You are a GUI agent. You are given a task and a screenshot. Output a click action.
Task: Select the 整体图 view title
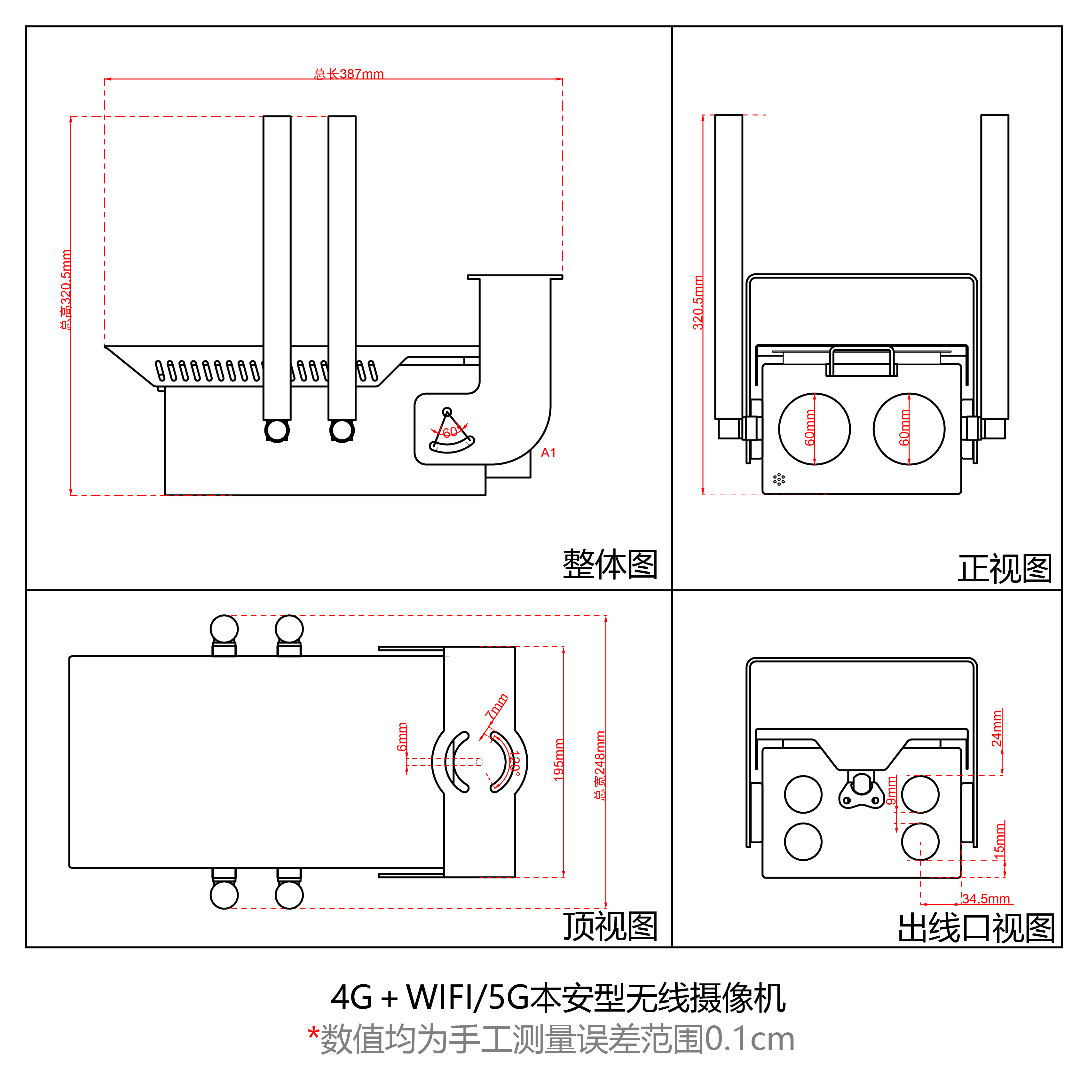pyautogui.click(x=610, y=564)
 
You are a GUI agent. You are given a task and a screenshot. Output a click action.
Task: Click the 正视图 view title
pyautogui.click(x=1005, y=569)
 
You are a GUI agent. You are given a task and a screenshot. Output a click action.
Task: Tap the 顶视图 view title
pyautogui.click(x=610, y=926)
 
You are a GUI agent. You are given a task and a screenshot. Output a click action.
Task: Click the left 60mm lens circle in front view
pyautogui.click(x=814, y=429)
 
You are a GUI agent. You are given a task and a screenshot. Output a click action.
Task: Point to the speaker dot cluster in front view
pyautogui.click(x=779, y=479)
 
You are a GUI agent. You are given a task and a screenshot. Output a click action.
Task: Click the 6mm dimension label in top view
pyautogui.click(x=402, y=737)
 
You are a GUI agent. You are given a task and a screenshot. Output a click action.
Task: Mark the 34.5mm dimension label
pyautogui.click(x=986, y=899)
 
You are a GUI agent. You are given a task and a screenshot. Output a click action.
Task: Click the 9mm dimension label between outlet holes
pyautogui.click(x=891, y=791)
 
